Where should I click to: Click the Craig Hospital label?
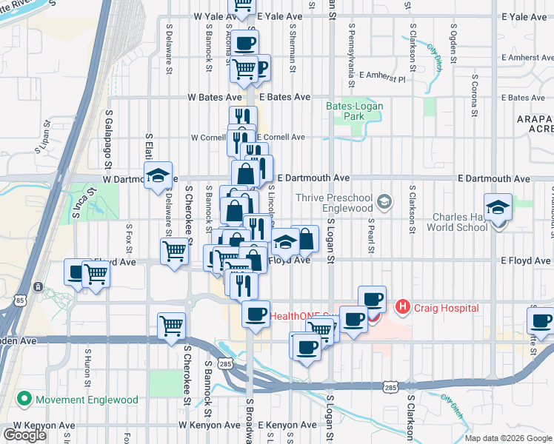click(447, 308)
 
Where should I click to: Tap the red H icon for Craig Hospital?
click(402, 306)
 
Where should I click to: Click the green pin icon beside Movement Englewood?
click(24, 400)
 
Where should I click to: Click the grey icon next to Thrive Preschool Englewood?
click(384, 201)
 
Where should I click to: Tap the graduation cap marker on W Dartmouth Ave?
click(158, 176)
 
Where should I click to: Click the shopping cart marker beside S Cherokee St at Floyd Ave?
click(174, 252)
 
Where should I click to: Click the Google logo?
click(24, 434)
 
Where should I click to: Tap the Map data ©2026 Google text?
click(508, 438)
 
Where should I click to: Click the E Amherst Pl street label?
click(382, 75)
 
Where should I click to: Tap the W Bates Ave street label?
click(214, 97)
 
